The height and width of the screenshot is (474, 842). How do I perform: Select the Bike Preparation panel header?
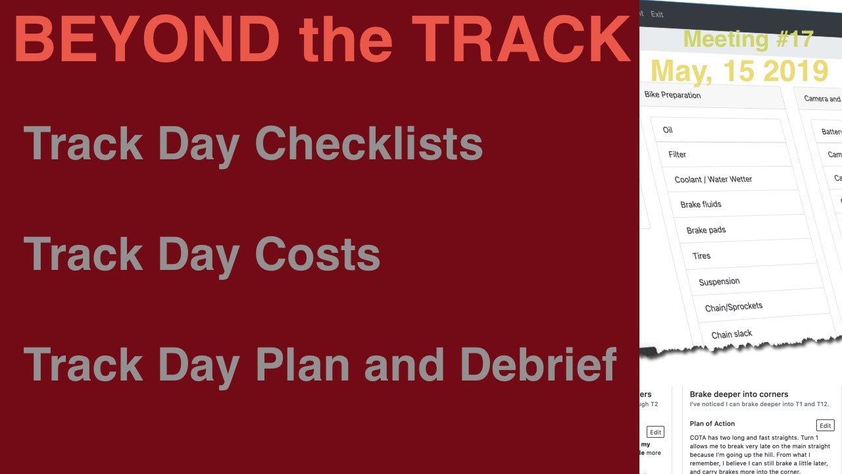pos(672,95)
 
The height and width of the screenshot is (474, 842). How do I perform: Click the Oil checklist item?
pos(668,130)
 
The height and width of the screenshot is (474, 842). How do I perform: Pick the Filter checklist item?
pos(677,155)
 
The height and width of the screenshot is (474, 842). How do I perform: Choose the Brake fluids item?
pos(701,205)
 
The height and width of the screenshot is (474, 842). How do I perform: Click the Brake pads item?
pos(706,230)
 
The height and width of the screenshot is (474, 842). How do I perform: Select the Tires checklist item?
pos(701,255)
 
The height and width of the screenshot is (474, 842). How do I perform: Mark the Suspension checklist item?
pos(719,282)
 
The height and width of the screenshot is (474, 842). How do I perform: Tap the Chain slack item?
pos(731,334)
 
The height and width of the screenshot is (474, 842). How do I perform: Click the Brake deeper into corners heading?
pos(739,394)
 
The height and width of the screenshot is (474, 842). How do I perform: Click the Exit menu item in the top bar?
pos(656,14)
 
